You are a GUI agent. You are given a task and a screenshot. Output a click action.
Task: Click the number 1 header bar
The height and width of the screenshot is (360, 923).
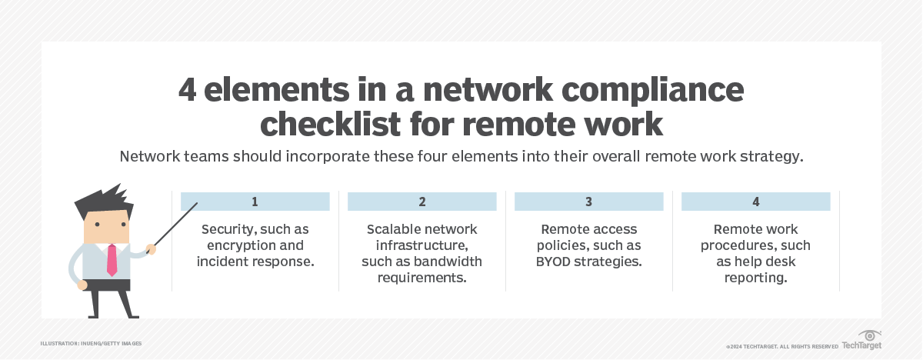[255, 202]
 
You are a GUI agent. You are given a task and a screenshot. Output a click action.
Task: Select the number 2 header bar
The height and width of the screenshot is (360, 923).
[422, 202]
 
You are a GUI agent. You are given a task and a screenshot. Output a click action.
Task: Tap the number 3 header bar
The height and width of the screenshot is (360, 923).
[588, 202]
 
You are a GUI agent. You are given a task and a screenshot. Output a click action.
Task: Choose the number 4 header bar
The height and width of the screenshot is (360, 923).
[755, 202]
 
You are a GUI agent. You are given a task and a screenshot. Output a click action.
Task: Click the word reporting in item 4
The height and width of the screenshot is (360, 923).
[755, 278]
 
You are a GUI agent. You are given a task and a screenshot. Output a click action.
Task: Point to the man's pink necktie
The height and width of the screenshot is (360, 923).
[112, 260]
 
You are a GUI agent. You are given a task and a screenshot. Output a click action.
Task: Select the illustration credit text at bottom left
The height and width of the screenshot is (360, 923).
[91, 343]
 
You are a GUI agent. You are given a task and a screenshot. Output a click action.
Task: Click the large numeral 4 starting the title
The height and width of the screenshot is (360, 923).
[188, 92]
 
